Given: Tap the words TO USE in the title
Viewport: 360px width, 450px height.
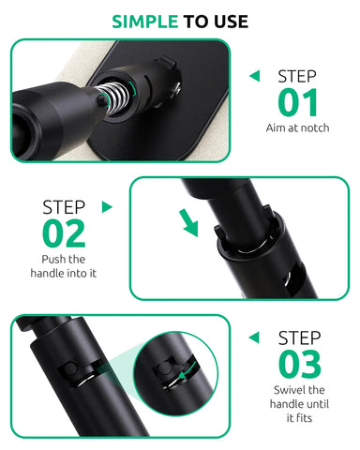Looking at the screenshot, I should point(216,22).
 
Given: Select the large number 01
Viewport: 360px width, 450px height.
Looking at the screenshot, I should point(298,103).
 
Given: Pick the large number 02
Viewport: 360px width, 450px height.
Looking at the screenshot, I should point(63,232).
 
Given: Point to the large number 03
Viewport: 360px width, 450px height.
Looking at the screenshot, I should point(299,363).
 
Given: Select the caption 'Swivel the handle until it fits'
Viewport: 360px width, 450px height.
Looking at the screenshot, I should point(299,403).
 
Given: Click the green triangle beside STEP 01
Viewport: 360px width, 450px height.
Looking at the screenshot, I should point(253,78).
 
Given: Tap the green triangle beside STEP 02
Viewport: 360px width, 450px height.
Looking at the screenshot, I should point(107,206).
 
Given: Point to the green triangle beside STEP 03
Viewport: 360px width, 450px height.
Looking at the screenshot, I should point(253,336).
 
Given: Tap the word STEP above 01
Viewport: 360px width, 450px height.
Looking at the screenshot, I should point(298,76).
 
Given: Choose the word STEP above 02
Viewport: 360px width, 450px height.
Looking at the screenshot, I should point(64,205).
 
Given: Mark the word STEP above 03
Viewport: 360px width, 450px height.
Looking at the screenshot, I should point(299,335).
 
